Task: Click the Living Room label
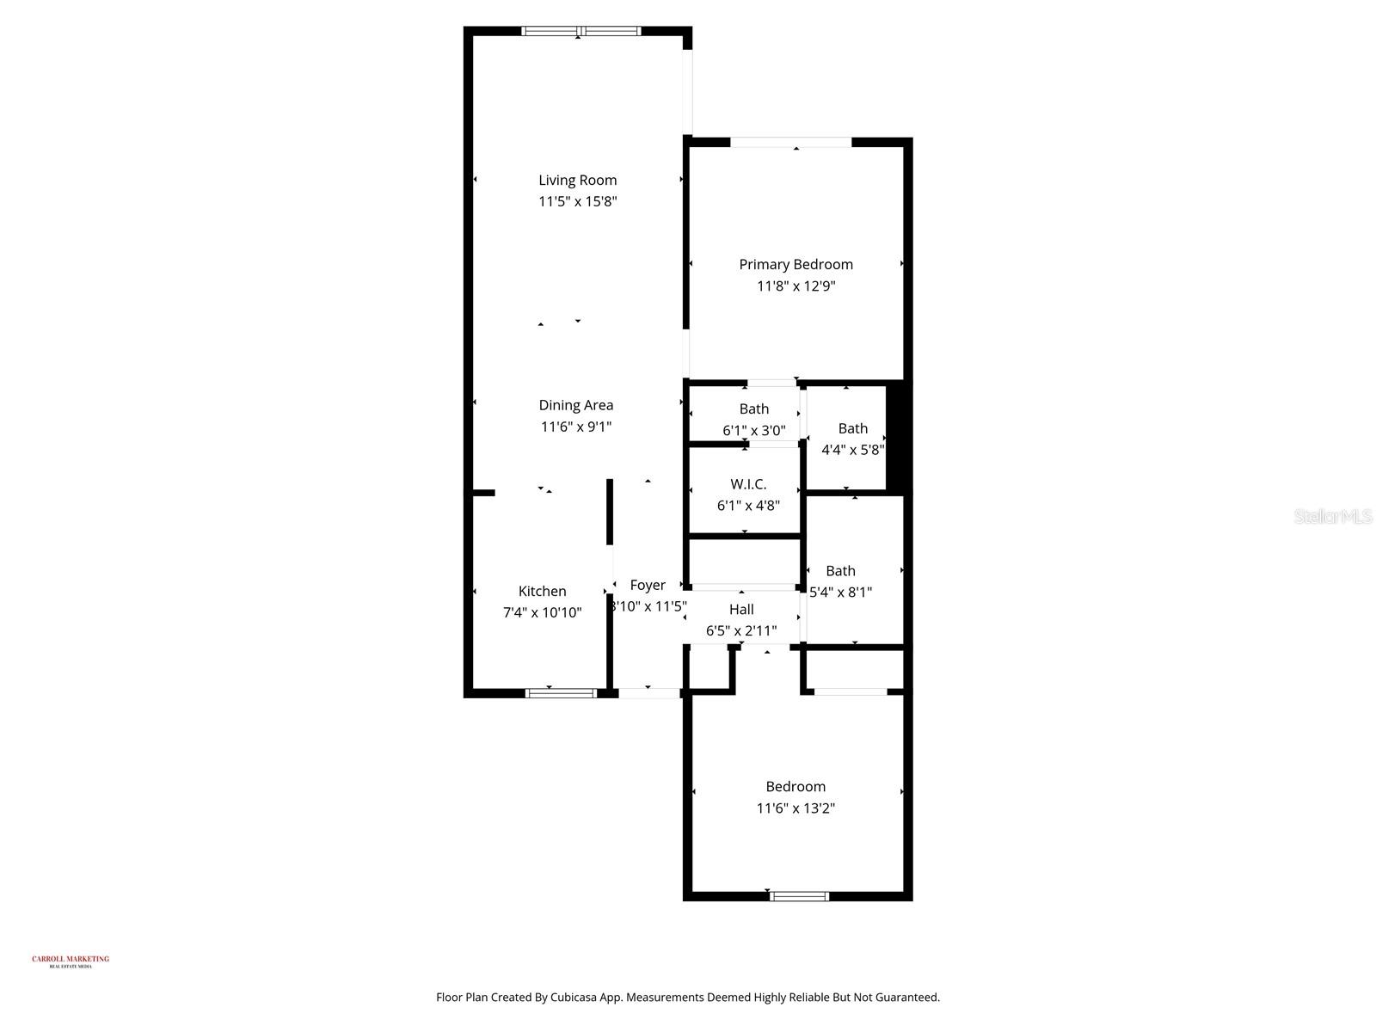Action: point(577,180)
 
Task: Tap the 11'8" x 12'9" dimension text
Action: point(795,286)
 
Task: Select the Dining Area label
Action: point(575,405)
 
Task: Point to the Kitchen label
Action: point(542,591)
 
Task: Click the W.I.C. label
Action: point(748,484)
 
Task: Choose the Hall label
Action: point(741,610)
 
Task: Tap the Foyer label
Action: point(648,585)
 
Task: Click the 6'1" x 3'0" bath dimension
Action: point(753,430)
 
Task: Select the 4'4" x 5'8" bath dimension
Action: point(852,449)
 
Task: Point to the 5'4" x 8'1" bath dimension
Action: point(840,592)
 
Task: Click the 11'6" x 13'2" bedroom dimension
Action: point(795,808)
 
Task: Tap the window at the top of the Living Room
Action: point(580,32)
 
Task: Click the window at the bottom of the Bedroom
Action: point(799,896)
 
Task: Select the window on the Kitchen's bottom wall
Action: point(561,692)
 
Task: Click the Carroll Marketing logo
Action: point(71,961)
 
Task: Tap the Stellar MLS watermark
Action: point(1332,516)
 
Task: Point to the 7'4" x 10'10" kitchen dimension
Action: point(542,613)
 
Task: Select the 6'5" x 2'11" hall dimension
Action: point(741,631)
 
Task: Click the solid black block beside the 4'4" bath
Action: point(898,437)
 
